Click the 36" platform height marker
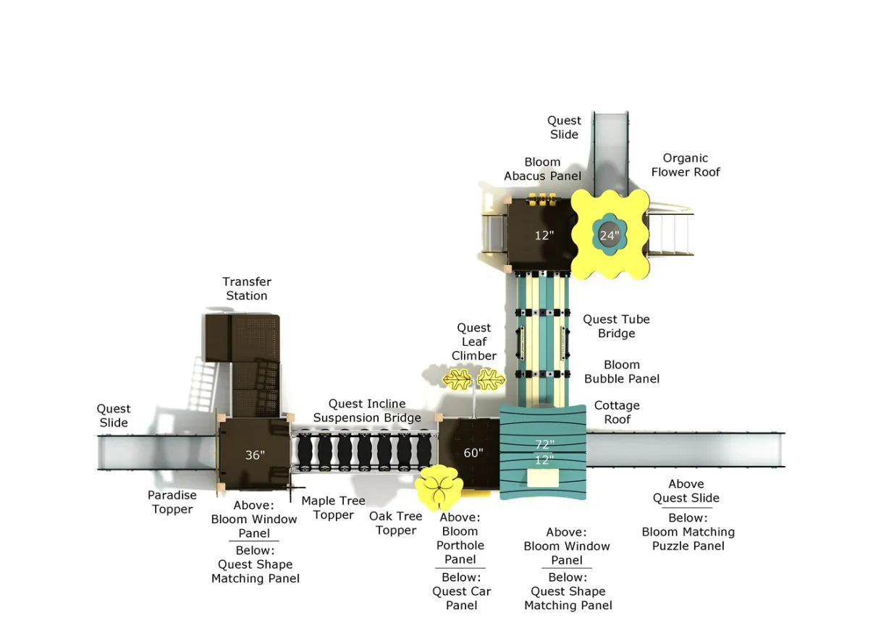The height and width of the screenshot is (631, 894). [x=255, y=455]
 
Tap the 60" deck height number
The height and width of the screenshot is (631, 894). [x=473, y=453]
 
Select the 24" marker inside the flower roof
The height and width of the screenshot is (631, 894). [x=610, y=235]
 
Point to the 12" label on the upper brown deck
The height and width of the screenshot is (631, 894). [x=544, y=235]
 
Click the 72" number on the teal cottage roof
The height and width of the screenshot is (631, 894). [x=544, y=444]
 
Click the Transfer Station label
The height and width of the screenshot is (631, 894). [x=247, y=289]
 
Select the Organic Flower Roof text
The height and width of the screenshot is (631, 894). [x=686, y=165]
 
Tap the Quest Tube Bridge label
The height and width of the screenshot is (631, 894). [x=616, y=326]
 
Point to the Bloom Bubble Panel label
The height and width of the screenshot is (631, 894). [x=622, y=372]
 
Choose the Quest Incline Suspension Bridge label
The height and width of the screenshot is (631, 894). [x=367, y=410]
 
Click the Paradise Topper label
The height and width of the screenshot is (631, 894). [x=172, y=502]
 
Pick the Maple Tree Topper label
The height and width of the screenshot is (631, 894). [x=333, y=508]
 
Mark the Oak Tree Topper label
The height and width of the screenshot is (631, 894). [x=396, y=523]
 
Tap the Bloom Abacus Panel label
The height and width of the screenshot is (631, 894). [x=542, y=169]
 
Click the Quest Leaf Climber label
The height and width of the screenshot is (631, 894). [x=474, y=342]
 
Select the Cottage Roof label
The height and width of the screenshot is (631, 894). [x=617, y=412]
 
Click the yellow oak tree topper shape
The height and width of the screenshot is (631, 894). [x=439, y=487]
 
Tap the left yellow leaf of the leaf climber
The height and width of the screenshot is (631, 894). [x=457, y=378]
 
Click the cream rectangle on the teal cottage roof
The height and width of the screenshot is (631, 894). [x=542, y=478]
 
